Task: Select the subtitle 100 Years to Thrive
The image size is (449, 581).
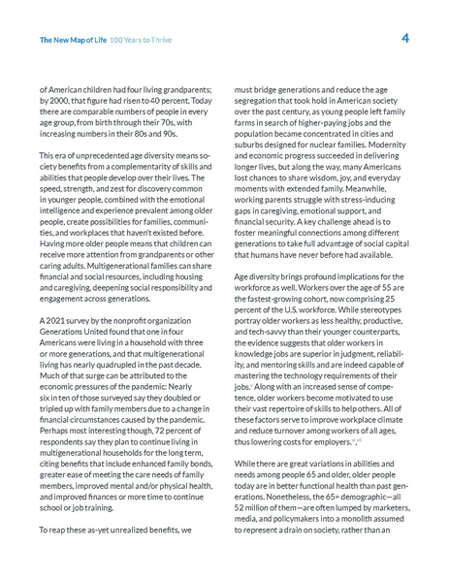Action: click(140, 41)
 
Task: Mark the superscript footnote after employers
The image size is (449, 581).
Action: click(357, 439)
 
